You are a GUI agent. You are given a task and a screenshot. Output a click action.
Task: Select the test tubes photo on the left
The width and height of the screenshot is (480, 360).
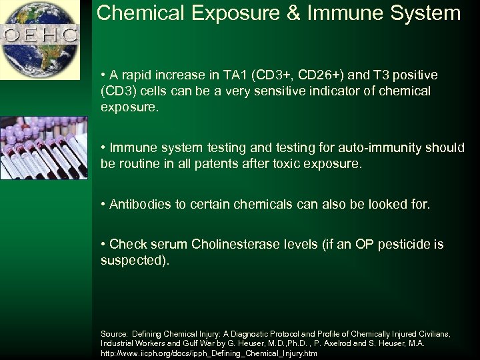43,148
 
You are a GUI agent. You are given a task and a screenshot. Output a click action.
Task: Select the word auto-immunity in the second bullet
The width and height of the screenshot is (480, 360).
381,147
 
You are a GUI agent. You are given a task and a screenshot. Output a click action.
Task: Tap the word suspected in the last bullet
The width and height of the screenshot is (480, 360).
133,260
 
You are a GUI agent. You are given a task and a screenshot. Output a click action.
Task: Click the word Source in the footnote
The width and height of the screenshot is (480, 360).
114,333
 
